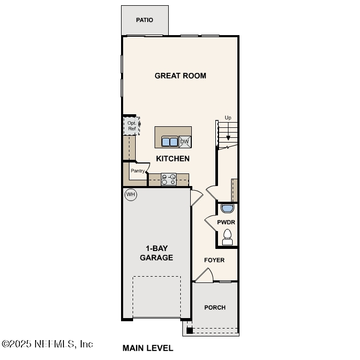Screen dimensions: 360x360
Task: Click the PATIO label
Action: (145, 20)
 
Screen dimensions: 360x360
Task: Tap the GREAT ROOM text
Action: (180, 75)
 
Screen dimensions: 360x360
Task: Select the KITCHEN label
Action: (172, 158)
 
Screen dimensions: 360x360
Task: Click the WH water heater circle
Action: (130, 195)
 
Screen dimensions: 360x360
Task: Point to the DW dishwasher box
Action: (184, 141)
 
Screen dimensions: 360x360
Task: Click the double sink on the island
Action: (169, 141)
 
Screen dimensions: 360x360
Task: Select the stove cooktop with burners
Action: (169, 180)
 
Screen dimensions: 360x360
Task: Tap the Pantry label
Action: (137, 171)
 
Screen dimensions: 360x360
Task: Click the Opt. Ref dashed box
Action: (132, 126)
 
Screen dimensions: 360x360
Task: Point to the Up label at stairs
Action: (228, 118)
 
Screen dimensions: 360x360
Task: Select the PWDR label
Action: (226, 222)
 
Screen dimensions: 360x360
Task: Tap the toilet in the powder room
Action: (227, 237)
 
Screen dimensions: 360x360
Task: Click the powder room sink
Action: (227, 209)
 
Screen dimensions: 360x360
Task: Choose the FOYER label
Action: (214, 260)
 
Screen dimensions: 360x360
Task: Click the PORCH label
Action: (215, 308)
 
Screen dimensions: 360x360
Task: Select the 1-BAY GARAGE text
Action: (156, 253)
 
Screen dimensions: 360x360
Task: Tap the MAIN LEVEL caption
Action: (148, 348)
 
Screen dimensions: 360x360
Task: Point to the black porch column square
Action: (190, 330)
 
